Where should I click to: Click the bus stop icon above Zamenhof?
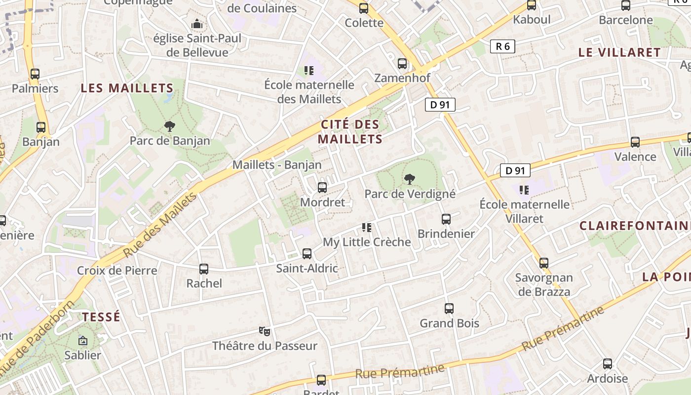point(402,64)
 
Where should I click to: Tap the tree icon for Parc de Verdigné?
point(409,179)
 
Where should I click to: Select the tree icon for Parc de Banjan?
point(170,126)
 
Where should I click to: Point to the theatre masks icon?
point(265,331)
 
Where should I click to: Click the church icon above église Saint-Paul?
point(197,24)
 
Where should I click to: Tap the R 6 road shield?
point(502,46)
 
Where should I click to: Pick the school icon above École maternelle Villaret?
point(524,190)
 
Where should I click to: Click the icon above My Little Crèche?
point(366,228)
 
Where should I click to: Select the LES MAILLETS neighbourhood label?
point(127,88)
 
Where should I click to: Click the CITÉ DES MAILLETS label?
point(350,132)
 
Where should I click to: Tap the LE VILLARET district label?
point(619,52)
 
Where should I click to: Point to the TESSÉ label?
point(101,317)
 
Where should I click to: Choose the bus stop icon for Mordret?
point(322,188)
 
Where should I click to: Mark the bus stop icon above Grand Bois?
point(449,309)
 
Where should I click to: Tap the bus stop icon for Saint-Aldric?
point(307,254)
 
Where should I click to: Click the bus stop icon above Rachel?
point(204,269)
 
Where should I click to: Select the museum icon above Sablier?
point(83,341)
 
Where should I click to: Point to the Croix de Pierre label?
point(117,271)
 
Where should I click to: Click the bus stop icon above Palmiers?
point(35,74)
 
